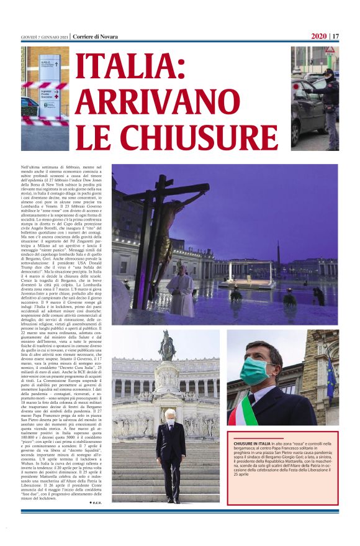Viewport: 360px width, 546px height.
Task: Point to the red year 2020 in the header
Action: (x=318, y=36)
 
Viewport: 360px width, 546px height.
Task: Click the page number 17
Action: (x=335, y=36)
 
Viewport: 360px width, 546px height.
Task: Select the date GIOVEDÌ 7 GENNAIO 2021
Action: (x=44, y=37)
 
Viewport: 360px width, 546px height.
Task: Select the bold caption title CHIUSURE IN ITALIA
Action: (x=253, y=460)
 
